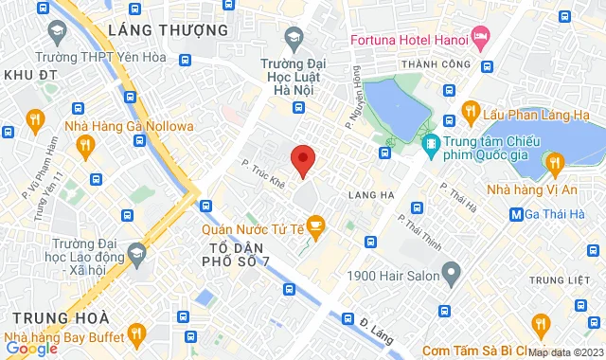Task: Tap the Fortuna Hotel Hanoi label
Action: point(409,41)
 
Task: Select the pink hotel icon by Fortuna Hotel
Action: point(480,40)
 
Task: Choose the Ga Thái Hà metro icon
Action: point(516,214)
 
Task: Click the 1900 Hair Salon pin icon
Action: point(452,274)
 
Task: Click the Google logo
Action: point(30,348)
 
